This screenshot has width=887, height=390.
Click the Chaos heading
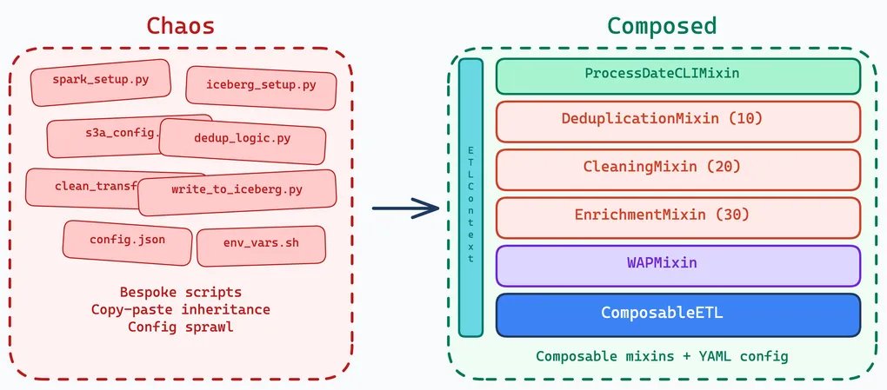(181, 25)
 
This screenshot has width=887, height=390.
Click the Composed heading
(662, 25)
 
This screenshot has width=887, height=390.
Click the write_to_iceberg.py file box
(237, 191)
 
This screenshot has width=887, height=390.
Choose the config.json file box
(127, 241)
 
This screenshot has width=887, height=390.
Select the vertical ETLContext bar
(470, 197)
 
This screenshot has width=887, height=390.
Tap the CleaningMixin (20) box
(677, 167)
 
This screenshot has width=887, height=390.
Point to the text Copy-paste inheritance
(181, 309)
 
